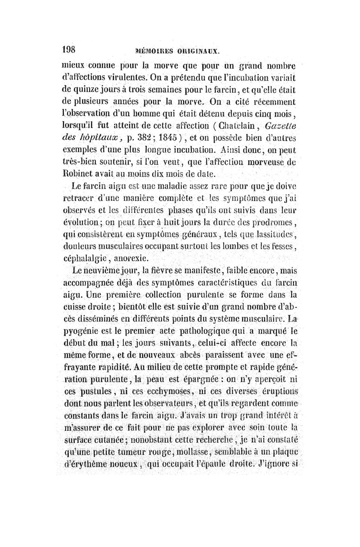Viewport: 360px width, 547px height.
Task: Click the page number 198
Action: click(71, 49)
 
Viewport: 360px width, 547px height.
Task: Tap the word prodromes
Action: click(276, 223)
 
